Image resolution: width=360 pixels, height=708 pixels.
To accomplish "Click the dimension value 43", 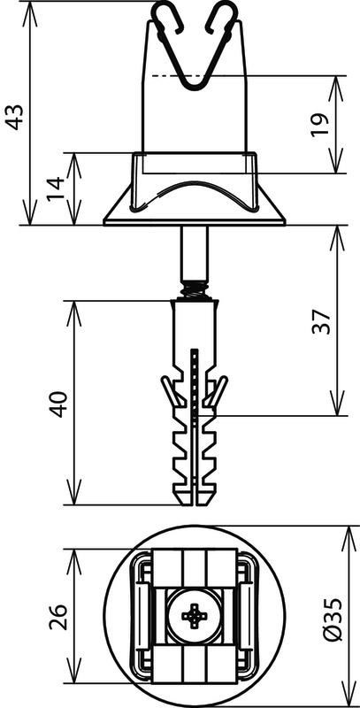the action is pos(16,118).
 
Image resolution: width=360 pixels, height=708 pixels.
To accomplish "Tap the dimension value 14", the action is pos(57,189).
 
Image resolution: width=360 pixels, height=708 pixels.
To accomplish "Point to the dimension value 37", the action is pos(322,321).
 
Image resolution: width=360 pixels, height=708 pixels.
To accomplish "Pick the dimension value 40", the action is pos(58,404).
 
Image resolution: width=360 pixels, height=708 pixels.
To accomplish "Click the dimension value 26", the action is pos(58,616).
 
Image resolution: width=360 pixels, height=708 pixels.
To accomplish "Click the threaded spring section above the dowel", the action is pos(195,290).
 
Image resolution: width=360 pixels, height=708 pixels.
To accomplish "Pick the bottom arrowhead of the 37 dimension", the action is pos(338,404).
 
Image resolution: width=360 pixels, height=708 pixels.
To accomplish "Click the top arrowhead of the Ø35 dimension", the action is pos(351,538).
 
